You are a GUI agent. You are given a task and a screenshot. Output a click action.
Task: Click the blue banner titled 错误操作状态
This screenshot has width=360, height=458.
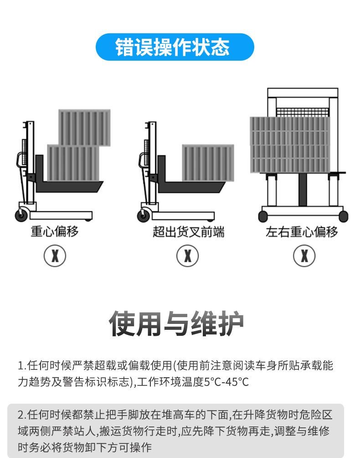click(x=175, y=47)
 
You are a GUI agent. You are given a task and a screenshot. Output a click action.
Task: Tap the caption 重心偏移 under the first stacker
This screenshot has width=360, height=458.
click(x=55, y=231)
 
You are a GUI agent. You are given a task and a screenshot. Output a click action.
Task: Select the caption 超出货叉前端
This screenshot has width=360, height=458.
click(x=189, y=232)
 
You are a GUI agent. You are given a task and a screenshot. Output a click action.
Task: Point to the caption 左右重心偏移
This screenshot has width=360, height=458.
click(x=302, y=232)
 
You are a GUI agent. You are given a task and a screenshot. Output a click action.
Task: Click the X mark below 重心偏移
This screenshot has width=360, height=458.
click(x=55, y=256)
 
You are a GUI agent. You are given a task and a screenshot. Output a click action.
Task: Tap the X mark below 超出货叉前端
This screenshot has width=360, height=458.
click(x=188, y=256)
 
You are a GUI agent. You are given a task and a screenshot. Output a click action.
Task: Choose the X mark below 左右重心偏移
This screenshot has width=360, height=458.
click(x=304, y=256)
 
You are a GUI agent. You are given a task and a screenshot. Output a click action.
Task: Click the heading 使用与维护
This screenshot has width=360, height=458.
click(x=176, y=323)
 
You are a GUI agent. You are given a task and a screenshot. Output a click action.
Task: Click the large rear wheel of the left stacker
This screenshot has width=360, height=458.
click(x=21, y=215)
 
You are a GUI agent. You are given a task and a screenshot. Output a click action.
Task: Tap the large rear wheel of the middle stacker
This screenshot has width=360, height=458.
click(x=144, y=215)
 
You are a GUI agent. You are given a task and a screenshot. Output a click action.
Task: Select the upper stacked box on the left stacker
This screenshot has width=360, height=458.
click(x=85, y=128)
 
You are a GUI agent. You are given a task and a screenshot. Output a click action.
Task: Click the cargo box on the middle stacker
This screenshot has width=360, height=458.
click(x=208, y=163)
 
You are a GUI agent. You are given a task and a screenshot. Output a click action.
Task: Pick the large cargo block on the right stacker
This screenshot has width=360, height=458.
click(x=290, y=145)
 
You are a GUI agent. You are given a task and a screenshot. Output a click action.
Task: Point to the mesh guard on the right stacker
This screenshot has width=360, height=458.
click(x=303, y=112)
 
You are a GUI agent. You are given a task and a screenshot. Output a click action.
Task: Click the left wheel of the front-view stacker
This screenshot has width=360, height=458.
click(x=263, y=216)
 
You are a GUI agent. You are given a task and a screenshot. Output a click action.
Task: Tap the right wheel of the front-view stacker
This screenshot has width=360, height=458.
click(x=344, y=216)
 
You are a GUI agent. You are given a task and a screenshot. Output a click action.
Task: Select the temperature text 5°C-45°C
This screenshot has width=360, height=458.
click(x=226, y=382)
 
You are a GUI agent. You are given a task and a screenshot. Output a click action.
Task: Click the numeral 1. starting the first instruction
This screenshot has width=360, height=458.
click(x=22, y=365)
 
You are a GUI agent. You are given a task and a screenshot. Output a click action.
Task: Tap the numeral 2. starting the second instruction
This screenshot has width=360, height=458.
click(x=22, y=415)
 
